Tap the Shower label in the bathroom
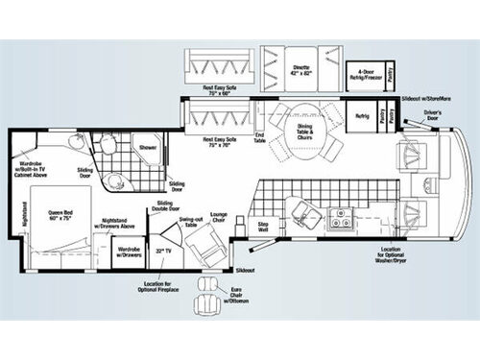(148, 147)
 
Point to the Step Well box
(262, 227)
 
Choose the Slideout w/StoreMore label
(427, 99)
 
